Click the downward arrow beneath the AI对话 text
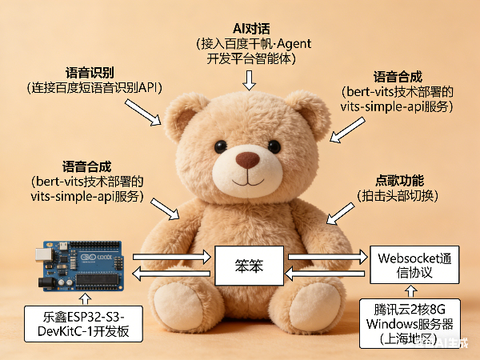pos(250,79)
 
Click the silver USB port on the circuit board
pos(42,256)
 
